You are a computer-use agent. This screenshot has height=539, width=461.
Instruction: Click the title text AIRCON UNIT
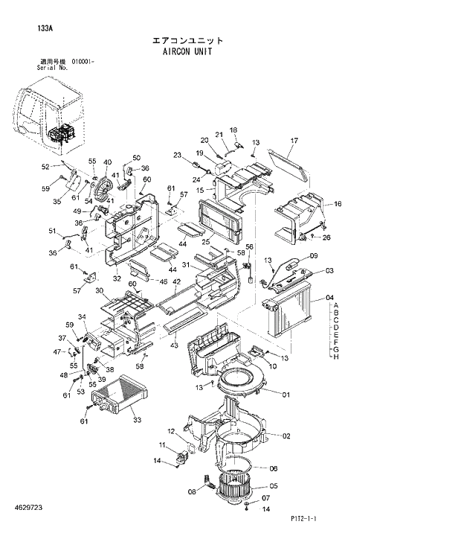tap(187, 54)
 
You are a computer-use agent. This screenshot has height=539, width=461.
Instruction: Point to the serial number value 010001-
tap(83, 62)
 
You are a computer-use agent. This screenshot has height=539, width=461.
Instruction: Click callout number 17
tap(294, 141)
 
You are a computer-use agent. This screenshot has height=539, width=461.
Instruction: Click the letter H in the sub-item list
tap(336, 357)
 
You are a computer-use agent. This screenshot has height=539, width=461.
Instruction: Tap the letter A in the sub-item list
tap(336, 306)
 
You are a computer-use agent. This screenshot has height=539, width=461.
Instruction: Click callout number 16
tap(338, 204)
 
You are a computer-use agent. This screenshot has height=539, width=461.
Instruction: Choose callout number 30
tap(98, 291)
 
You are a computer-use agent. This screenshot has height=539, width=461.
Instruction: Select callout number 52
tap(45, 167)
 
